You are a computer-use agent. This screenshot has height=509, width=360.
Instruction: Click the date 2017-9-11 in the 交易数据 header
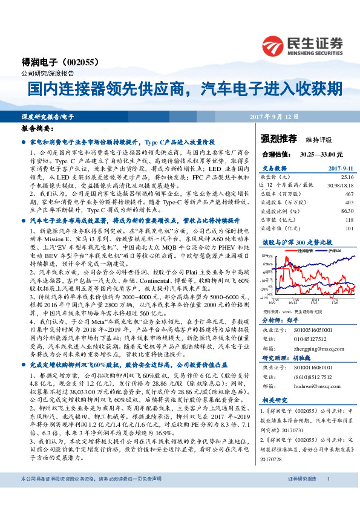pos(339,169)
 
